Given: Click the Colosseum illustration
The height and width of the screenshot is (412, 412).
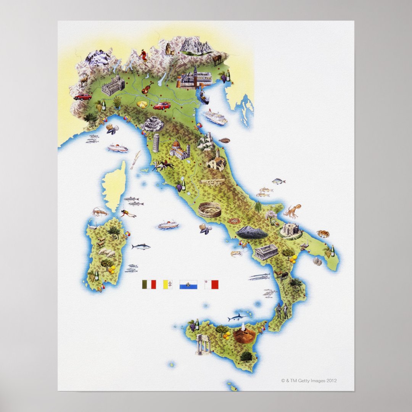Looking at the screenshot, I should [210, 210].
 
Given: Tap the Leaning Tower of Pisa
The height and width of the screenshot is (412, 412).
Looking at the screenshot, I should [156, 143].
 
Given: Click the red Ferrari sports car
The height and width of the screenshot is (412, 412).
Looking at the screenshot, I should [161, 106].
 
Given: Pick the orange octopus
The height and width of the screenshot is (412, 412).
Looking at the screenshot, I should [293, 211].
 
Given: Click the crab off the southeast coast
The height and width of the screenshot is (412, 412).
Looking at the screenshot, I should [323, 233].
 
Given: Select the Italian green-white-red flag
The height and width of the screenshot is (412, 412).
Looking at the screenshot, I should [149, 284].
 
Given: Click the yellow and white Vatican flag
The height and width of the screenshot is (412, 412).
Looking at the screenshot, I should [168, 284].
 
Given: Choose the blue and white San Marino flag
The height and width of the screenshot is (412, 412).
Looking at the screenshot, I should [188, 284].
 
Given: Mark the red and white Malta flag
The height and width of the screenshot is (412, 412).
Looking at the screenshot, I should [211, 284].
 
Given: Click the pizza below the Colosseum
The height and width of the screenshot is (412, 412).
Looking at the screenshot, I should [235, 221].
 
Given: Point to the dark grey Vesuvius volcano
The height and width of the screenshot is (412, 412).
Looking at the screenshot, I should [251, 232].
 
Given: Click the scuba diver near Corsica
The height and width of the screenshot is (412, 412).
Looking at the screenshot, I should [128, 214].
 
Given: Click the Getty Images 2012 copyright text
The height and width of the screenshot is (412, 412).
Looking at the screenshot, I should [309, 380].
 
